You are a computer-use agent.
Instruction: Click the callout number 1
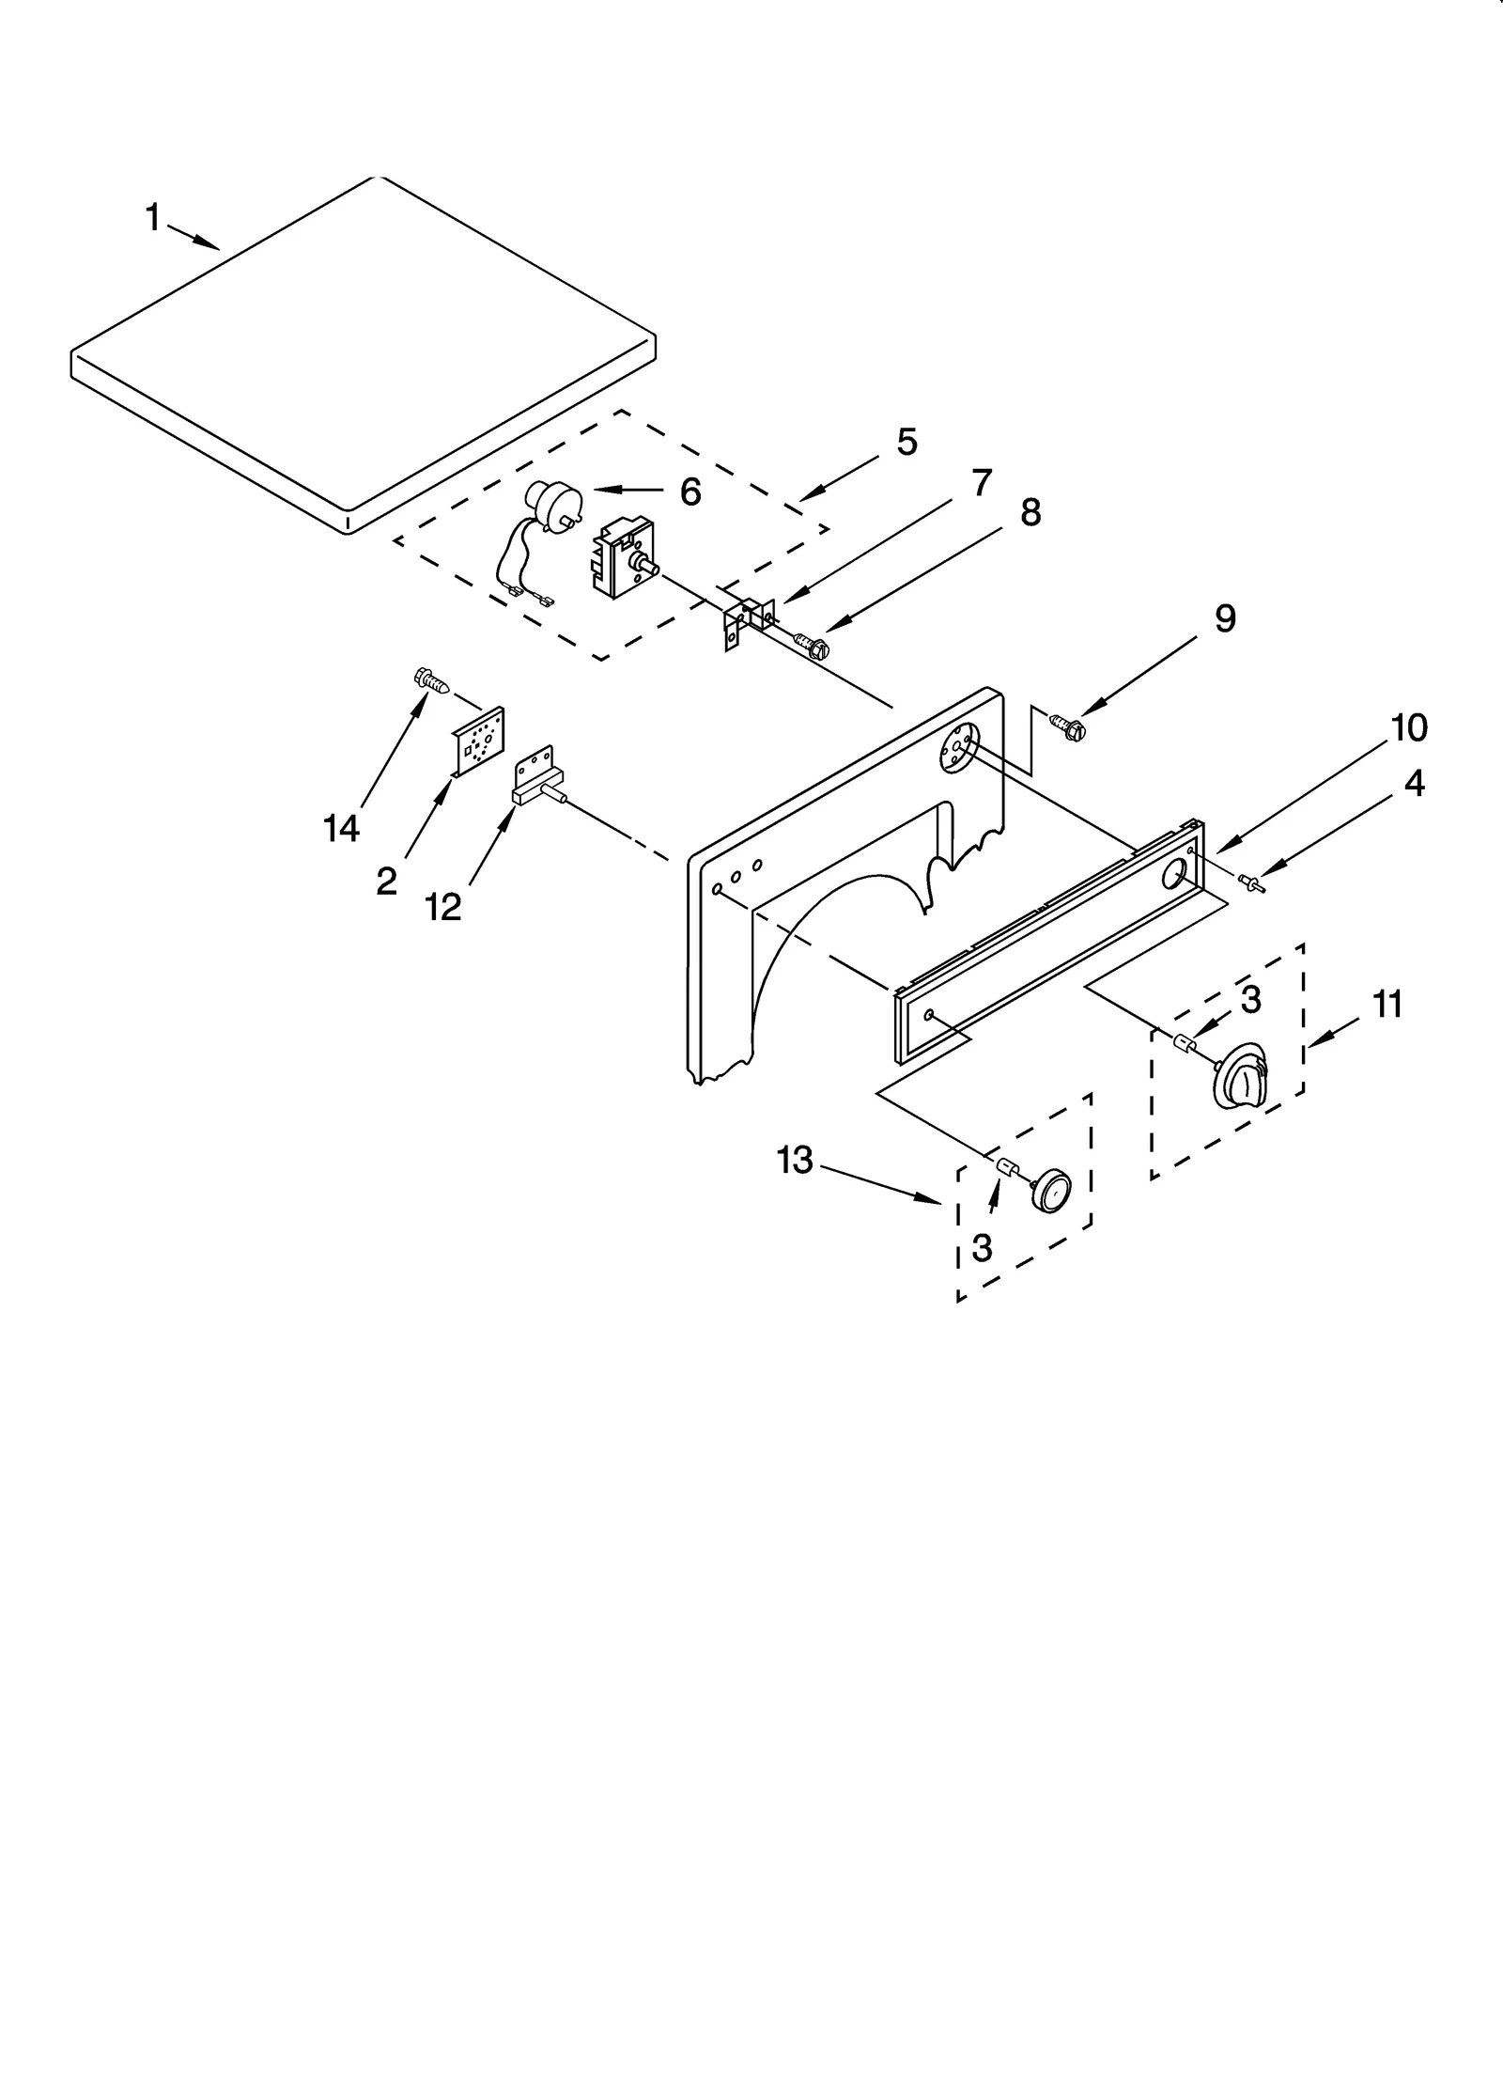click(x=152, y=218)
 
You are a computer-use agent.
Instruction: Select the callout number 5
click(x=906, y=442)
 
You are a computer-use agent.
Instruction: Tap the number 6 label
click(x=690, y=491)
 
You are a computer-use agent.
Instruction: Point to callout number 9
click(x=1225, y=618)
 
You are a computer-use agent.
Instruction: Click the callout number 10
click(x=1409, y=727)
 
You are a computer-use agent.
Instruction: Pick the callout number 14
click(x=341, y=828)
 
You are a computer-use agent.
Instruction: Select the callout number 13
click(x=795, y=1161)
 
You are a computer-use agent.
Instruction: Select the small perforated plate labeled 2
click(x=479, y=744)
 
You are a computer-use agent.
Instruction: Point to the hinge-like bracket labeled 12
click(x=537, y=777)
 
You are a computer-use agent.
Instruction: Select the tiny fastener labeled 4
click(x=1251, y=881)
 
